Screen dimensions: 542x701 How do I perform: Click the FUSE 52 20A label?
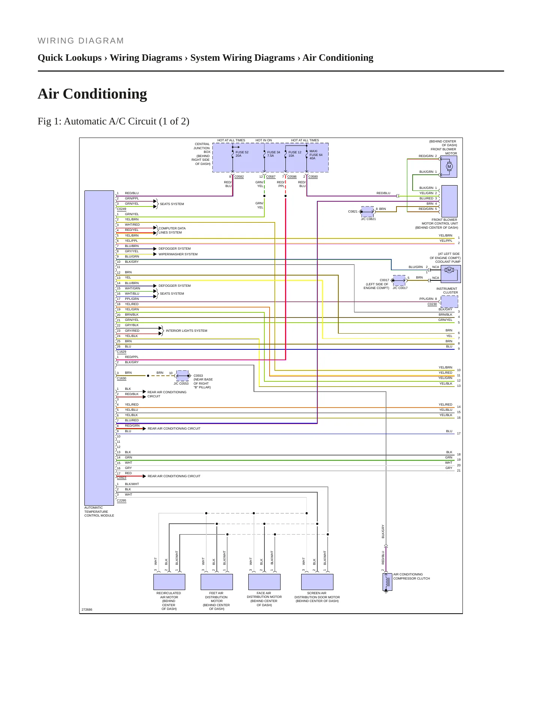(x=242, y=154)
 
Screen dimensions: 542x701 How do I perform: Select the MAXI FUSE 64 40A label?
(x=316, y=154)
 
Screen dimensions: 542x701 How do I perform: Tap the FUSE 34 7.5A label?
(x=273, y=154)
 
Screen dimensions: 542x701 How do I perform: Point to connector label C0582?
(x=239, y=177)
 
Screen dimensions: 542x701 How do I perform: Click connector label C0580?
(x=313, y=177)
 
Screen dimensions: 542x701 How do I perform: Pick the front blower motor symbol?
(x=449, y=166)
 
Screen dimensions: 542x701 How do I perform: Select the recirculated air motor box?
(x=169, y=582)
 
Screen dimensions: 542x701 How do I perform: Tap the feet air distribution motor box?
(x=217, y=582)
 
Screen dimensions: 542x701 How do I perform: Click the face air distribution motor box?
(x=264, y=582)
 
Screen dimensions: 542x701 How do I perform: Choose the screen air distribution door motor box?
(x=317, y=582)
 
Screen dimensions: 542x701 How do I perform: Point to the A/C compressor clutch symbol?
(x=387, y=582)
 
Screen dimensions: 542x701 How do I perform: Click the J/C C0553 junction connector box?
(x=182, y=375)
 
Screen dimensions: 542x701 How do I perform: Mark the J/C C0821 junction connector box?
(x=368, y=211)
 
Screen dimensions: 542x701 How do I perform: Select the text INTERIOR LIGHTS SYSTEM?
(x=186, y=331)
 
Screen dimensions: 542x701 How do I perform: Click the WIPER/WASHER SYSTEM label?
(x=178, y=254)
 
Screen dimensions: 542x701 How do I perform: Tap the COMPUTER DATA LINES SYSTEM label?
(x=172, y=230)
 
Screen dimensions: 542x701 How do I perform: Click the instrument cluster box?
(x=449, y=301)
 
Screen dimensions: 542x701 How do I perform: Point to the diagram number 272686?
(x=87, y=610)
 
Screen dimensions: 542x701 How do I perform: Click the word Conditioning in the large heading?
(x=105, y=94)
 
